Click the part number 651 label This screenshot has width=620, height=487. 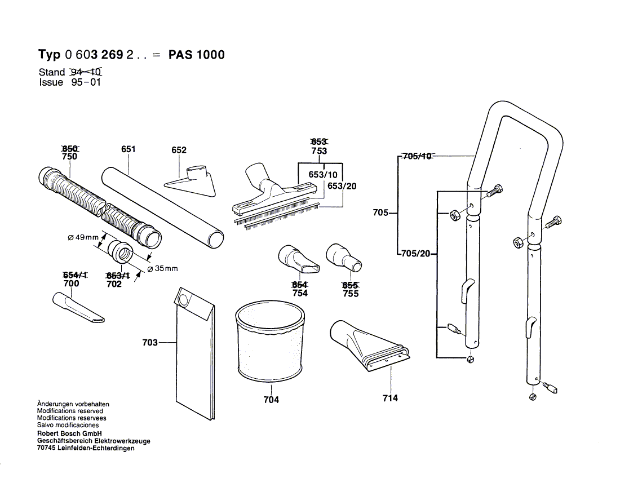click(129, 149)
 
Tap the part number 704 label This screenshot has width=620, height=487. click(271, 400)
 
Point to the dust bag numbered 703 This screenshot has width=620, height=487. click(193, 355)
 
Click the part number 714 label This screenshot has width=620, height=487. click(389, 398)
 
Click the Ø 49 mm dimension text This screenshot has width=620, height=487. click(83, 238)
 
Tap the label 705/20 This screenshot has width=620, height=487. click(415, 254)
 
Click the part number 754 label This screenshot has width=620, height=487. click(300, 293)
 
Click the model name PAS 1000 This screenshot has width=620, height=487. click(197, 55)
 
